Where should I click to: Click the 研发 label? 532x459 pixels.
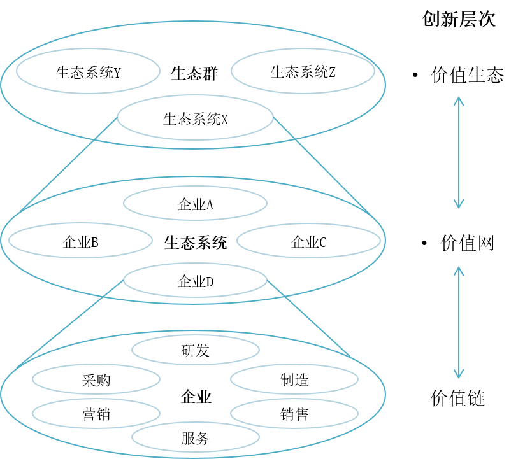click(x=195, y=351)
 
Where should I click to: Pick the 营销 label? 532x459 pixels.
click(x=96, y=414)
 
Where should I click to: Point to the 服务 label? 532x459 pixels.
click(x=195, y=438)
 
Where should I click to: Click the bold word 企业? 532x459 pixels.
click(x=196, y=398)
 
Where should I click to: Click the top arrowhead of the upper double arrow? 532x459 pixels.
click(x=458, y=100)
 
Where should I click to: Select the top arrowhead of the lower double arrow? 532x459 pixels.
click(x=458, y=270)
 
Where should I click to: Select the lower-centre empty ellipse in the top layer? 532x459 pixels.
click(x=195, y=117)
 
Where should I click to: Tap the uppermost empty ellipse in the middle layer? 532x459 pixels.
click(x=195, y=203)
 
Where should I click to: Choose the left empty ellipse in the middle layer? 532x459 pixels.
click(x=80, y=240)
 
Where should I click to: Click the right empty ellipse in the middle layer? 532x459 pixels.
click(x=308, y=241)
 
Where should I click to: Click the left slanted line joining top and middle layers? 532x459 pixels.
click(x=70, y=165)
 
